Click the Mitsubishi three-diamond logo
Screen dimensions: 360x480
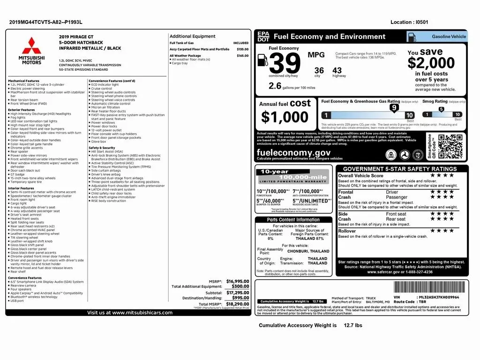pos(31,45)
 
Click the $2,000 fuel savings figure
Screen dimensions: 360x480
pos(431,63)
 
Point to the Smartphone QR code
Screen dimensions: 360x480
pos(450,146)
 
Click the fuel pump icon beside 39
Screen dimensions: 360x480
pos(263,61)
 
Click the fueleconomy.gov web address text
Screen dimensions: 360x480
pos(293,153)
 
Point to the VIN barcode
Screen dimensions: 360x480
pos(426,287)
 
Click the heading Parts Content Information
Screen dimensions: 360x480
pos(293,219)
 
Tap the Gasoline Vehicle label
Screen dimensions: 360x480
pos(449,36)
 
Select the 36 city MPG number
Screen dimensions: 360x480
pos(319,70)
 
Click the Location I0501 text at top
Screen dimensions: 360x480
pos(409,22)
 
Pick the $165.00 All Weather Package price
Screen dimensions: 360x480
pos(242,56)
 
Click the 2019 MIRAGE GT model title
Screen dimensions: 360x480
pos(77,36)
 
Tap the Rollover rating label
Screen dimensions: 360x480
pos(347,231)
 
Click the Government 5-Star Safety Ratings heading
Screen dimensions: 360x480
pos(400,169)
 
